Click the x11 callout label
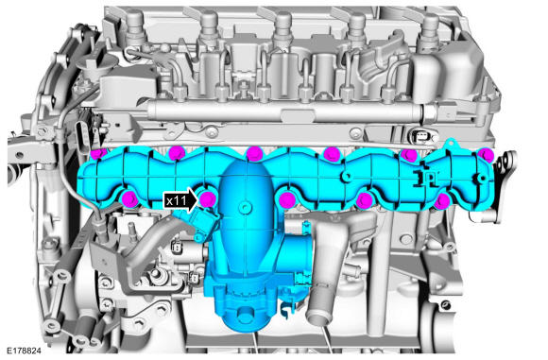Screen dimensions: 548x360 click(x=176, y=200)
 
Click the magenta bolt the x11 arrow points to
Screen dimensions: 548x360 click(x=208, y=199)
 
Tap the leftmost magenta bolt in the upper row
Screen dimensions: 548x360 click(x=98, y=154)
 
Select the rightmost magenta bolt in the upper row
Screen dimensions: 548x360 click(x=486, y=155)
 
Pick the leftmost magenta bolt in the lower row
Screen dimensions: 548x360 click(x=130, y=198)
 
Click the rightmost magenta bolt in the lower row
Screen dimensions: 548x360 click(x=442, y=201)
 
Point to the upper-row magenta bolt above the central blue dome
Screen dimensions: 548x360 click(x=254, y=154)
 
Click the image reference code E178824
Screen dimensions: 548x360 click(x=24, y=351)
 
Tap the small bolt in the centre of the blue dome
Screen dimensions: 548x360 click(x=244, y=207)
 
